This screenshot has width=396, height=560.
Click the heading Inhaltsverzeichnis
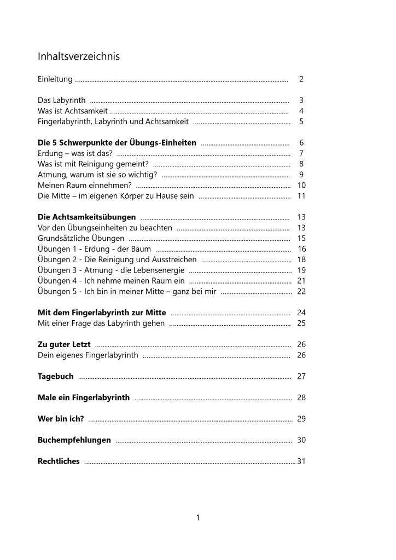79,56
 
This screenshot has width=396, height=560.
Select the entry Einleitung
55,79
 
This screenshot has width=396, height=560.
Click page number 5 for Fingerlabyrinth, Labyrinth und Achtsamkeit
301,122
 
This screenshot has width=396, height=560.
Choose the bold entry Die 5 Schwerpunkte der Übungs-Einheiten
117,143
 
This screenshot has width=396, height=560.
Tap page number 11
301,196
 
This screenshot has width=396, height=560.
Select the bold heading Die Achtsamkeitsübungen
87,217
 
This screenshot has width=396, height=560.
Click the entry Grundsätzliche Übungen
81,239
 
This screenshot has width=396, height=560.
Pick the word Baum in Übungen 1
141,249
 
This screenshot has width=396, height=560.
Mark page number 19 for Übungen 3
301,270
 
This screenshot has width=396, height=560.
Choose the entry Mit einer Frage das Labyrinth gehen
101,324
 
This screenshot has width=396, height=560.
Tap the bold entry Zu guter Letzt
64,345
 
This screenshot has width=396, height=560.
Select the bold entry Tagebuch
56,377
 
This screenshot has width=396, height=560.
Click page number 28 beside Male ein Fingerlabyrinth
301,398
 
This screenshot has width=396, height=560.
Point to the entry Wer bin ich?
61,419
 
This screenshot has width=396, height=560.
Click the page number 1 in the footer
198,517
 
